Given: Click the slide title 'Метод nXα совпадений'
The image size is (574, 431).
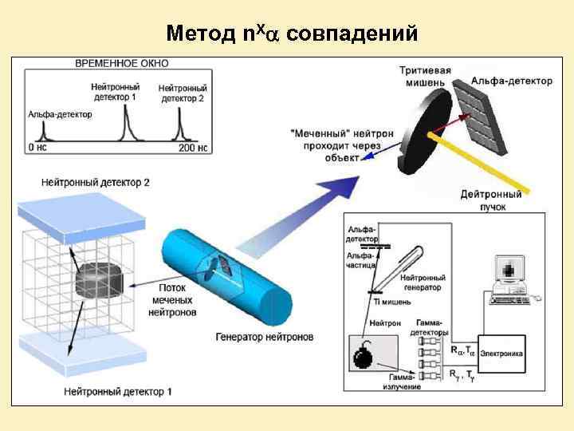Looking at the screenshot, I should click(x=292, y=34).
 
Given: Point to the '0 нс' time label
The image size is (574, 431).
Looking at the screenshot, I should click(x=38, y=148).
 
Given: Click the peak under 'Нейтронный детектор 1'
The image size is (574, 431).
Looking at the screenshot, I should click(x=125, y=126).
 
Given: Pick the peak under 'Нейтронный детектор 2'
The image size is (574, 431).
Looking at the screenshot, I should click(x=179, y=128).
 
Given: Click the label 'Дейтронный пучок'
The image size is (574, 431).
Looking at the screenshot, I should click(x=492, y=200).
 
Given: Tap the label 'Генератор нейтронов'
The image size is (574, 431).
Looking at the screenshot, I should click(x=263, y=337).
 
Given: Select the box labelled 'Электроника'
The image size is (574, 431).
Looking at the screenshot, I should click(x=502, y=350).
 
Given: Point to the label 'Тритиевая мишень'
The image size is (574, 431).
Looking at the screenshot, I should click(x=425, y=77).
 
